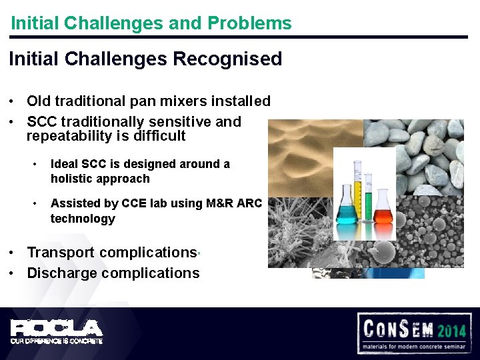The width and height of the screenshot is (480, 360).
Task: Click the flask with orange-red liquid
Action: (x=383, y=212)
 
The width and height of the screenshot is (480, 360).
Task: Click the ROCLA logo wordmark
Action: (x=57, y=327)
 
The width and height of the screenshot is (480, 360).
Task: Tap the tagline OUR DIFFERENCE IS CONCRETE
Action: (x=57, y=341)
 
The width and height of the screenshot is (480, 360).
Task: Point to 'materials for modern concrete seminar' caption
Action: (x=413, y=347)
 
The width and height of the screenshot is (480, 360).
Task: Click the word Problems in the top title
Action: (x=249, y=23)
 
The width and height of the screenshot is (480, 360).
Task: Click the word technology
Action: (x=83, y=219)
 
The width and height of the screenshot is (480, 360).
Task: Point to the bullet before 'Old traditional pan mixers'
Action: (x=13, y=102)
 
